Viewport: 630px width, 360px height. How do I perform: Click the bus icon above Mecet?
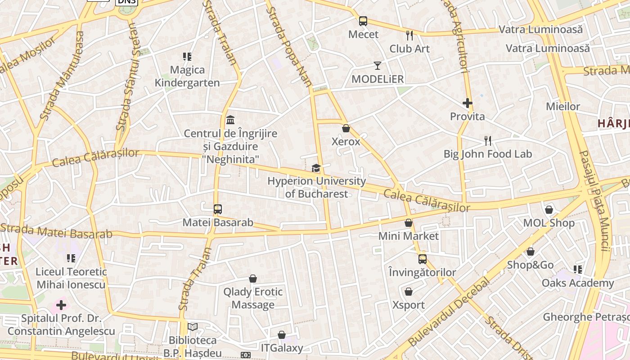(x=363, y=21)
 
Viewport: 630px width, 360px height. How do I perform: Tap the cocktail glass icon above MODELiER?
(x=378, y=66)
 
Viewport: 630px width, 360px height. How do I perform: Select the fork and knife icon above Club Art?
(x=409, y=35)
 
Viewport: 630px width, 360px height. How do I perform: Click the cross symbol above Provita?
(x=468, y=103)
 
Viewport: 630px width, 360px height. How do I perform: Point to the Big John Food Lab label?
(x=488, y=154)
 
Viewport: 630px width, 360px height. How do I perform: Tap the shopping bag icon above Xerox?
(x=346, y=128)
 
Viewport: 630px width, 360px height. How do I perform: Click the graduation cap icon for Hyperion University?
(x=316, y=168)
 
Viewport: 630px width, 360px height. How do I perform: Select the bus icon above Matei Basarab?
(x=218, y=209)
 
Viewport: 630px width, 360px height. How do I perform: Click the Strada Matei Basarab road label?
(x=56, y=231)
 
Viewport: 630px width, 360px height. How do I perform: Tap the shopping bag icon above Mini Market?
(x=408, y=223)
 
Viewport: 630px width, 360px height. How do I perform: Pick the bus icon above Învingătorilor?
(x=422, y=259)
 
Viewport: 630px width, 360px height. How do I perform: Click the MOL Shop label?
(x=549, y=223)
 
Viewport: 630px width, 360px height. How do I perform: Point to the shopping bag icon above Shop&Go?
(x=531, y=252)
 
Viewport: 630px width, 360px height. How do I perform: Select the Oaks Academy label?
(x=578, y=283)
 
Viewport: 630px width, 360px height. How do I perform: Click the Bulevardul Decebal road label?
(x=449, y=313)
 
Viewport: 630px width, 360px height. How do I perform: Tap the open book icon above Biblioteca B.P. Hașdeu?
(x=193, y=327)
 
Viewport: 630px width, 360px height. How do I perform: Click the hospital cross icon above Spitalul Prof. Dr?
(x=61, y=306)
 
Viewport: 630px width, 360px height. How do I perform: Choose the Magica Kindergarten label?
(x=187, y=76)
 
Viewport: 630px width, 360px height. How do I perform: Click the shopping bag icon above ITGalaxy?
(x=282, y=335)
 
